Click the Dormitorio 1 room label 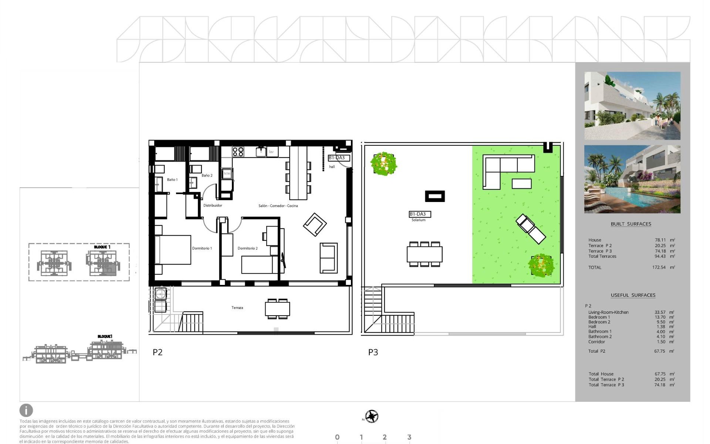pyautogui.click(x=202, y=248)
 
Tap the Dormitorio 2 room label pyautogui.click(x=247, y=248)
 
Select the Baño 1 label pyautogui.click(x=172, y=180)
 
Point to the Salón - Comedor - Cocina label pyautogui.click(x=278, y=206)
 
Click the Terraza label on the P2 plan pyautogui.click(x=237, y=308)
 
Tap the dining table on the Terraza pyautogui.click(x=277, y=309)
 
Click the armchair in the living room pyautogui.click(x=315, y=224)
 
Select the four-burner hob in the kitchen pyautogui.click(x=238, y=151)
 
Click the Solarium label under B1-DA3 pyautogui.click(x=418, y=220)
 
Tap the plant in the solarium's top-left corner pyautogui.click(x=383, y=163)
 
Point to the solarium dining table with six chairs pyautogui.click(x=425, y=254)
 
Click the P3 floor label pyautogui.click(x=373, y=352)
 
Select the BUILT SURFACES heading pyautogui.click(x=631, y=224)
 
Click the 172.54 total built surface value pyautogui.click(x=659, y=267)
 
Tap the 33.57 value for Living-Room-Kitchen pyautogui.click(x=660, y=312)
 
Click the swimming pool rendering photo pyautogui.click(x=632, y=179)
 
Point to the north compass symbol pyautogui.click(x=372, y=416)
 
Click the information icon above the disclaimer pyautogui.click(x=26, y=410)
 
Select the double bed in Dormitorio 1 pyautogui.click(x=173, y=250)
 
